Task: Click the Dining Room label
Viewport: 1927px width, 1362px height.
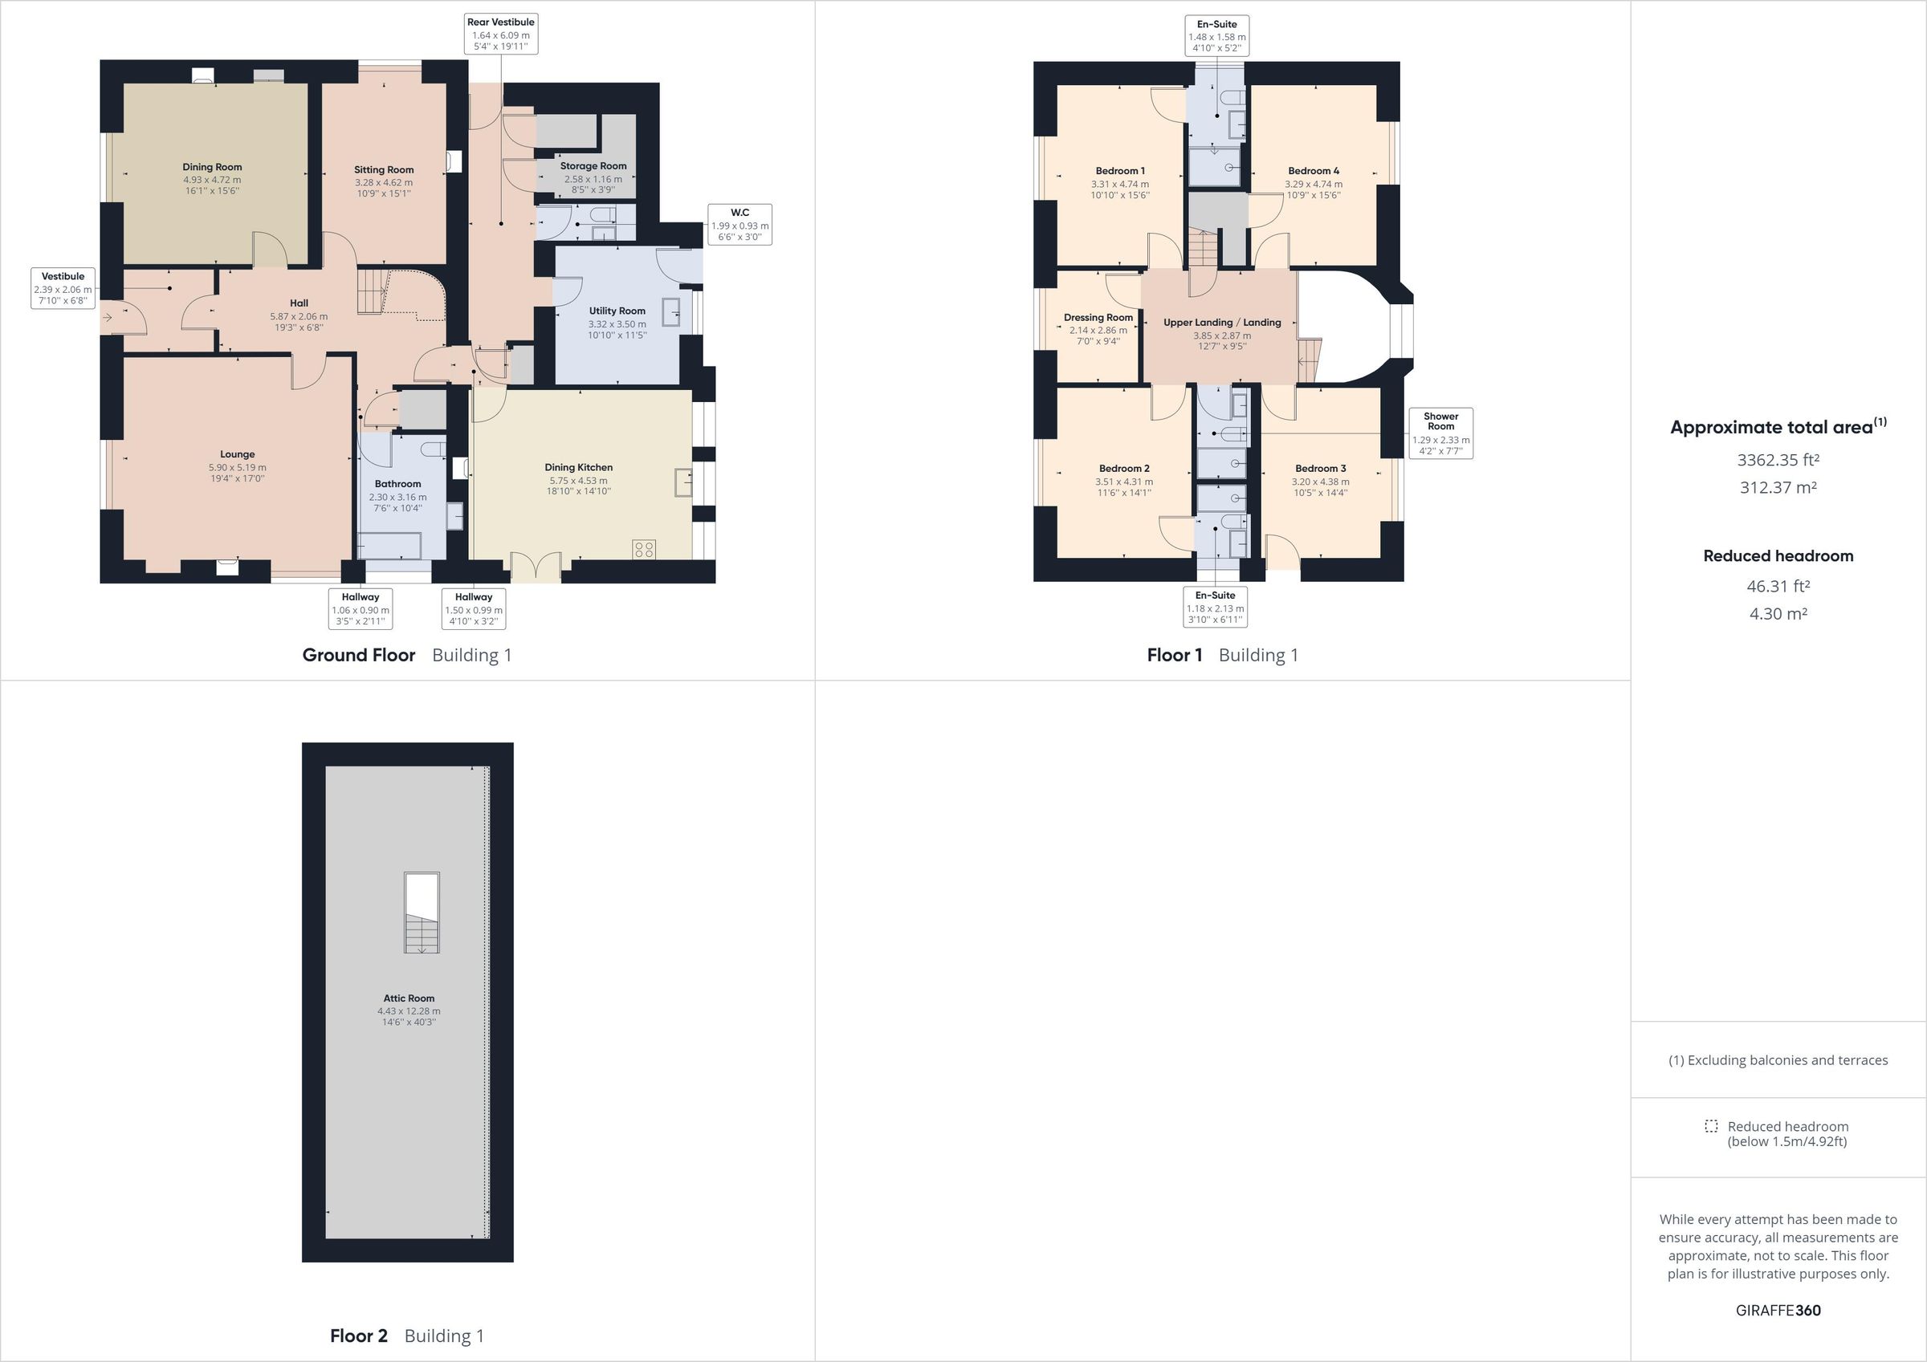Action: (x=211, y=167)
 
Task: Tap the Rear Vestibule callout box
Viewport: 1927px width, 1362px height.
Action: (x=501, y=35)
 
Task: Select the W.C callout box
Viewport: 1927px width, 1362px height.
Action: (x=739, y=225)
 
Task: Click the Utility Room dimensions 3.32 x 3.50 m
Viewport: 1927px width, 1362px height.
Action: (x=617, y=324)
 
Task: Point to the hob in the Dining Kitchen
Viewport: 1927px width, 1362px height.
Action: (x=644, y=550)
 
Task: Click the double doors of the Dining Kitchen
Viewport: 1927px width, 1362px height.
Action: (x=536, y=567)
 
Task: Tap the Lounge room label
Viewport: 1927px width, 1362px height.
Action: (x=238, y=454)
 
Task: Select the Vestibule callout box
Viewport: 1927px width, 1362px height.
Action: (x=63, y=288)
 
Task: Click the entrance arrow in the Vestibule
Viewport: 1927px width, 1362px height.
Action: (x=108, y=317)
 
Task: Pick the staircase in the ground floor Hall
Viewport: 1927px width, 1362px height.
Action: (x=371, y=291)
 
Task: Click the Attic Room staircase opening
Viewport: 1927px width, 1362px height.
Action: (x=422, y=913)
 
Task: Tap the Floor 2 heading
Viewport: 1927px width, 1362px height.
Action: (x=358, y=1336)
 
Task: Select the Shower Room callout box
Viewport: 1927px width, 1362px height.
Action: (x=1440, y=433)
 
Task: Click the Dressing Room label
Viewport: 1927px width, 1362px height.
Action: (x=1098, y=317)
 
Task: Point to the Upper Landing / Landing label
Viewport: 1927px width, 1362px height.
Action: (x=1222, y=323)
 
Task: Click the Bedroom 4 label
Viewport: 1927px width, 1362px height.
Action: (x=1314, y=170)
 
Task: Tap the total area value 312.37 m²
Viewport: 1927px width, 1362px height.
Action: (x=1778, y=487)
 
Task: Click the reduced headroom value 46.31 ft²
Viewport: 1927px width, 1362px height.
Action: (x=1778, y=586)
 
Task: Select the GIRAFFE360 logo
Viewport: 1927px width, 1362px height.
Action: (x=1778, y=1310)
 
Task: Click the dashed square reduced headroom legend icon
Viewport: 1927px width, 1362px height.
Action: (x=1711, y=1126)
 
